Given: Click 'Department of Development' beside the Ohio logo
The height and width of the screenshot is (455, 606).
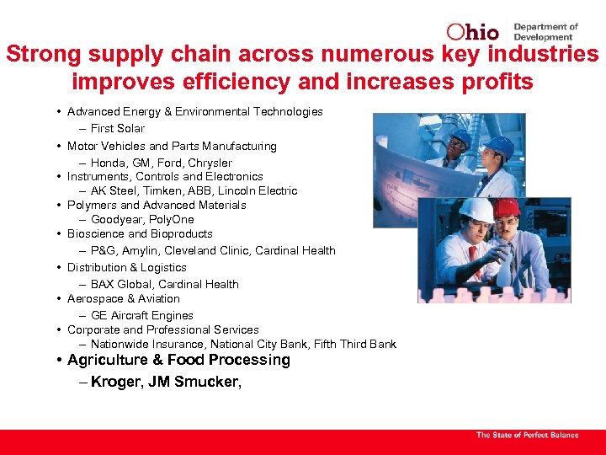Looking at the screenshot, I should (x=545, y=32).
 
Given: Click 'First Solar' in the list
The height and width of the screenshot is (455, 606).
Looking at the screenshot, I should (x=118, y=129).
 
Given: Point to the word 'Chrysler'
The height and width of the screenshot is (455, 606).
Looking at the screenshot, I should (x=210, y=163).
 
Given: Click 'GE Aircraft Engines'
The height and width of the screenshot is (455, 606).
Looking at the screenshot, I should (x=142, y=316).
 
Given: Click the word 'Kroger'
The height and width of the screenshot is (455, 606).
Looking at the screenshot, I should (x=115, y=383).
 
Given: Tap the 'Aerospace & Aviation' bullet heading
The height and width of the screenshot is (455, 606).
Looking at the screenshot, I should (x=124, y=299).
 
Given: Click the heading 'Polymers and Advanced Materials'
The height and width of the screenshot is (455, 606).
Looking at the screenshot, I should (x=157, y=206).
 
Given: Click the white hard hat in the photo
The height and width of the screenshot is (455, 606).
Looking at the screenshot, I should (x=475, y=210).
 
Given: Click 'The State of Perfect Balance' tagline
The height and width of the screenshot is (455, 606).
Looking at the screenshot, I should (x=528, y=435).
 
